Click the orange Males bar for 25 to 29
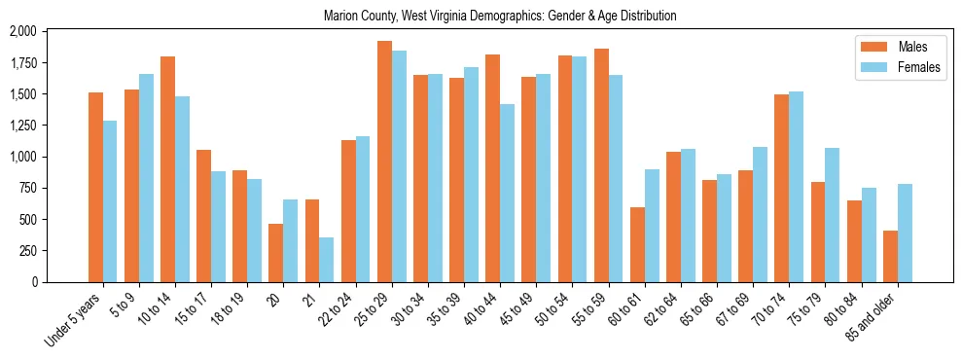tap(384, 162)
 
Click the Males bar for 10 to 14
tap(167, 169)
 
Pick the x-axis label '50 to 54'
tap(553, 310)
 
